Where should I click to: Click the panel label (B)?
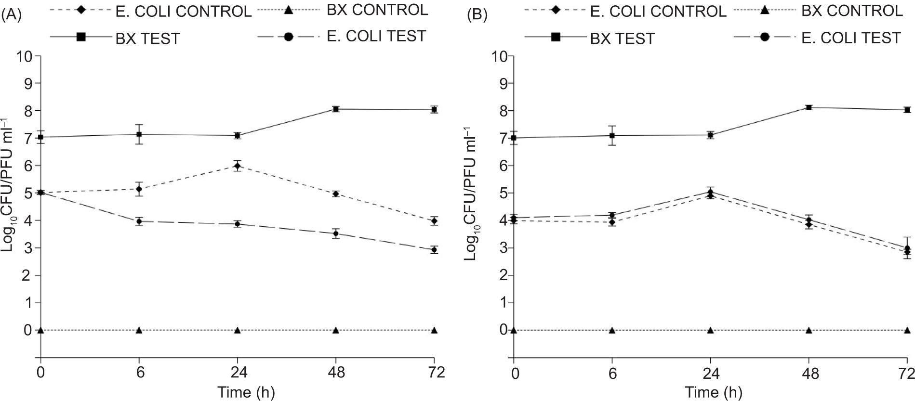tap(477, 16)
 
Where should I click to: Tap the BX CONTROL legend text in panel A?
tap(377, 10)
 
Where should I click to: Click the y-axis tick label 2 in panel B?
tap(502, 276)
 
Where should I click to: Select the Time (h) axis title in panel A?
tap(246, 392)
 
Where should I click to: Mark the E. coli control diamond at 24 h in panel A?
tap(237, 166)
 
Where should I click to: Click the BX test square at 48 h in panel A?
tap(336, 109)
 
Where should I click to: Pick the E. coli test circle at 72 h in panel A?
tap(434, 250)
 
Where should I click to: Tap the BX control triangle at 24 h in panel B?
tap(710, 330)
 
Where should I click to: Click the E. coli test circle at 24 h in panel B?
tap(710, 192)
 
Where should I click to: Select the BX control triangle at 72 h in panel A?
tap(434, 330)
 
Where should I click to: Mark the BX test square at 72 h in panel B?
tap(907, 110)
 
